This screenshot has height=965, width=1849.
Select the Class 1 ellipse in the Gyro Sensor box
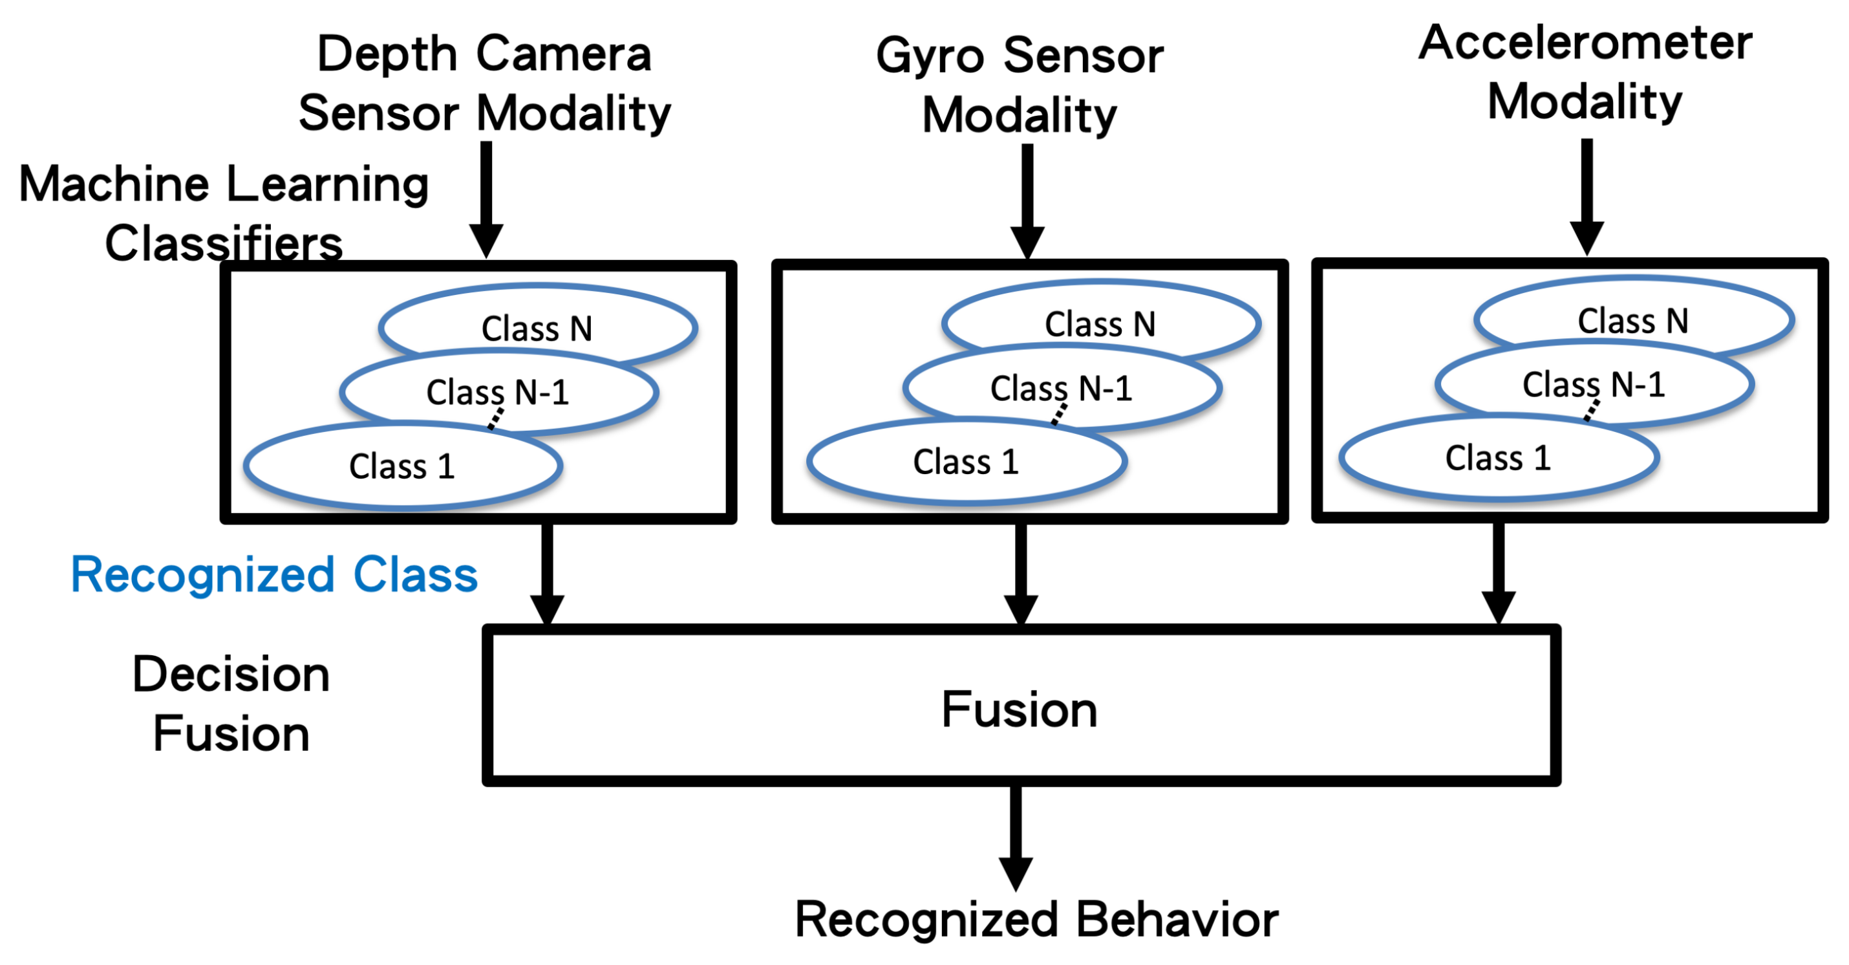pos(965,462)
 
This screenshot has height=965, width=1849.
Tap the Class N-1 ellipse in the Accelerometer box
pos(1594,384)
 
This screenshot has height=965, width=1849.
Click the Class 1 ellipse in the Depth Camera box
pos(402,467)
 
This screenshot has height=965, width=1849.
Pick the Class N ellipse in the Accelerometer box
pos(1633,320)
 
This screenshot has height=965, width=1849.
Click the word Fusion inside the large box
pos(1020,710)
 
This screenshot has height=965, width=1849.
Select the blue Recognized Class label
pos(273,575)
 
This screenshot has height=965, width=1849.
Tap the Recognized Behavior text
pos(1036,919)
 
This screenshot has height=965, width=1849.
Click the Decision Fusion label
pos(231,704)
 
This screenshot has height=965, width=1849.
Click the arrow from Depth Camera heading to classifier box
pos(486,197)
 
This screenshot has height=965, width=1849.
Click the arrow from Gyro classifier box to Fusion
pos(1021,571)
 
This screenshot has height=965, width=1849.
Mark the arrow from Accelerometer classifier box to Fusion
pos(1499,571)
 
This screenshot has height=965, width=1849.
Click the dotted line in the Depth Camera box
pos(495,418)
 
